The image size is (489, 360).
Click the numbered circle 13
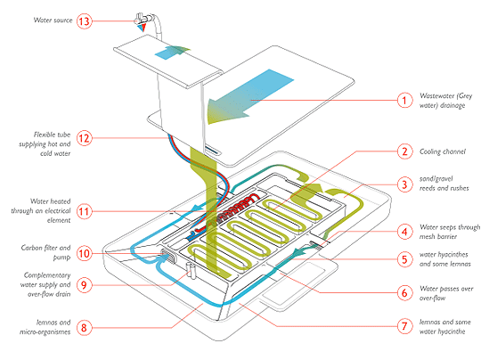pos(85,21)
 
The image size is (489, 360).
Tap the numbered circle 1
pos(404,100)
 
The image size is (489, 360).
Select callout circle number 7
pos(404,326)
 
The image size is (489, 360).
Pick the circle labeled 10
pos(85,253)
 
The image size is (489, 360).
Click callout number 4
pos(404,232)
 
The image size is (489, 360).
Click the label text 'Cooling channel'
pos(442,151)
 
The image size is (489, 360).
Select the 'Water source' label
pos(53,20)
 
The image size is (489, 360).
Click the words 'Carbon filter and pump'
pos(45,252)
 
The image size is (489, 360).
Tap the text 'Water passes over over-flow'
pos(446,293)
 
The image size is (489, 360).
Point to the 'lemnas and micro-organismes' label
pos(45,327)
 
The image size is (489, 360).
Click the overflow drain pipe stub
pos(191,271)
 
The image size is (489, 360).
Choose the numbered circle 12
pos(85,138)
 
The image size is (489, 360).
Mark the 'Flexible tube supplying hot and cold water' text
pos(45,143)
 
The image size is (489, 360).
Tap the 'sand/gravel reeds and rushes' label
pos(444,184)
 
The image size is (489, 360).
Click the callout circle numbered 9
pos(85,285)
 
